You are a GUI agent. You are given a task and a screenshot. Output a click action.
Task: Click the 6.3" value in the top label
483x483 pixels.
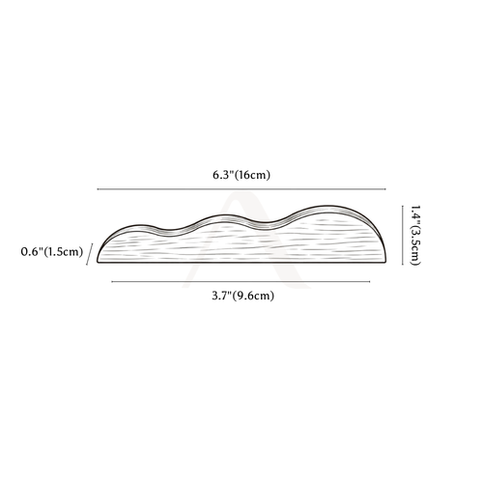[223, 175]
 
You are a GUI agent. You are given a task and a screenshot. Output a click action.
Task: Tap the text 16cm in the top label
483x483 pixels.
[252, 175]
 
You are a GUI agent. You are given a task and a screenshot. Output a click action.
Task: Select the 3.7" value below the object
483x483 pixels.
[222, 296]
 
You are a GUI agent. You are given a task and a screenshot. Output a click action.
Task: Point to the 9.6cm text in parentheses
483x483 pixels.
[254, 296]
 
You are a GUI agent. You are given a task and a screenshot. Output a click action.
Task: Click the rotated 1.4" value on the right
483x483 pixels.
[415, 214]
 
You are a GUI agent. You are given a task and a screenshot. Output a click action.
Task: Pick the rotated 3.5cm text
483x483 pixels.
[415, 246]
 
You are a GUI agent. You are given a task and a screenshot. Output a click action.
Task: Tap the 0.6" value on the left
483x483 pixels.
[32, 251]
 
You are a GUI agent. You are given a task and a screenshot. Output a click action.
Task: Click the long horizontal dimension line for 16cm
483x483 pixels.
[241, 189]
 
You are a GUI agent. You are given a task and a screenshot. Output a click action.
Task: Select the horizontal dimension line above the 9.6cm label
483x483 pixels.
[241, 282]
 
